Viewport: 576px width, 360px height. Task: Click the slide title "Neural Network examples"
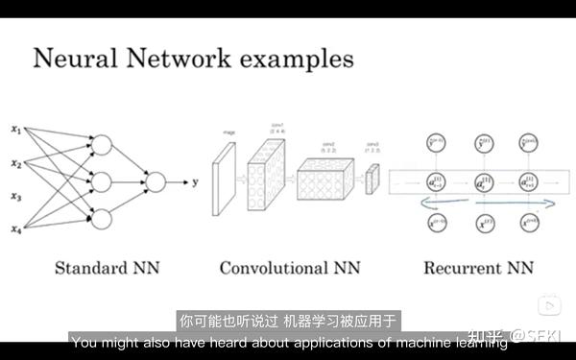tap(193, 59)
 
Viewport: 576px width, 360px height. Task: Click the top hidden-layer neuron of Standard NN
tap(101, 146)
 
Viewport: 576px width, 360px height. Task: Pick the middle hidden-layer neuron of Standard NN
tap(101, 180)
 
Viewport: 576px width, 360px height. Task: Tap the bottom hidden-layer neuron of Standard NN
tap(101, 217)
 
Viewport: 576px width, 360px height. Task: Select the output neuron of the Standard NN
tap(154, 180)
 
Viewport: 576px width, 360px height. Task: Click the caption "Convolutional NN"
tap(289, 268)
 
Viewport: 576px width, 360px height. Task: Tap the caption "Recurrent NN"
tap(477, 268)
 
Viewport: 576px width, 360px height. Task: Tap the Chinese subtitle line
tap(287, 321)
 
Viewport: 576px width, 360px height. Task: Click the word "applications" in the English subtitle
tap(352, 341)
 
